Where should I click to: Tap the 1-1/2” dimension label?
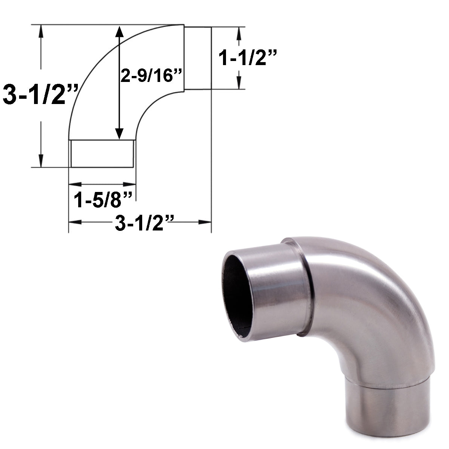pos(248,58)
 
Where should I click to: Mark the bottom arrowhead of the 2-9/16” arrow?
pos(119,134)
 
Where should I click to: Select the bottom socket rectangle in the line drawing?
pos(102,153)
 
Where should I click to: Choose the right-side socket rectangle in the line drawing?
pos(198,58)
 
